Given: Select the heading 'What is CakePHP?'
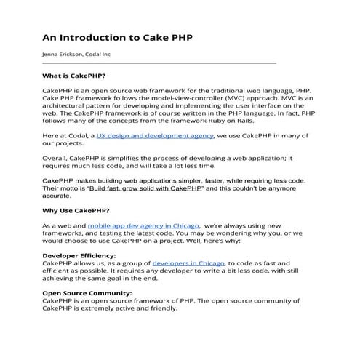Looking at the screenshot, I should (74, 76).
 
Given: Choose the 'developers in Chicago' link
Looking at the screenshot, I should (188, 262).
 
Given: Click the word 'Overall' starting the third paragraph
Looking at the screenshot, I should (57, 157).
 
